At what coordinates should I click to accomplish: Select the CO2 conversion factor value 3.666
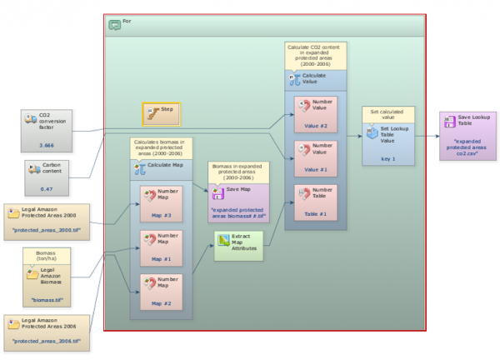(46, 145)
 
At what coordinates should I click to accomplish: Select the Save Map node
(237, 199)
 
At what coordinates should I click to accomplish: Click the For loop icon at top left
(115, 24)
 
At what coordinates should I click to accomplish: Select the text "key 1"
(389, 157)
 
